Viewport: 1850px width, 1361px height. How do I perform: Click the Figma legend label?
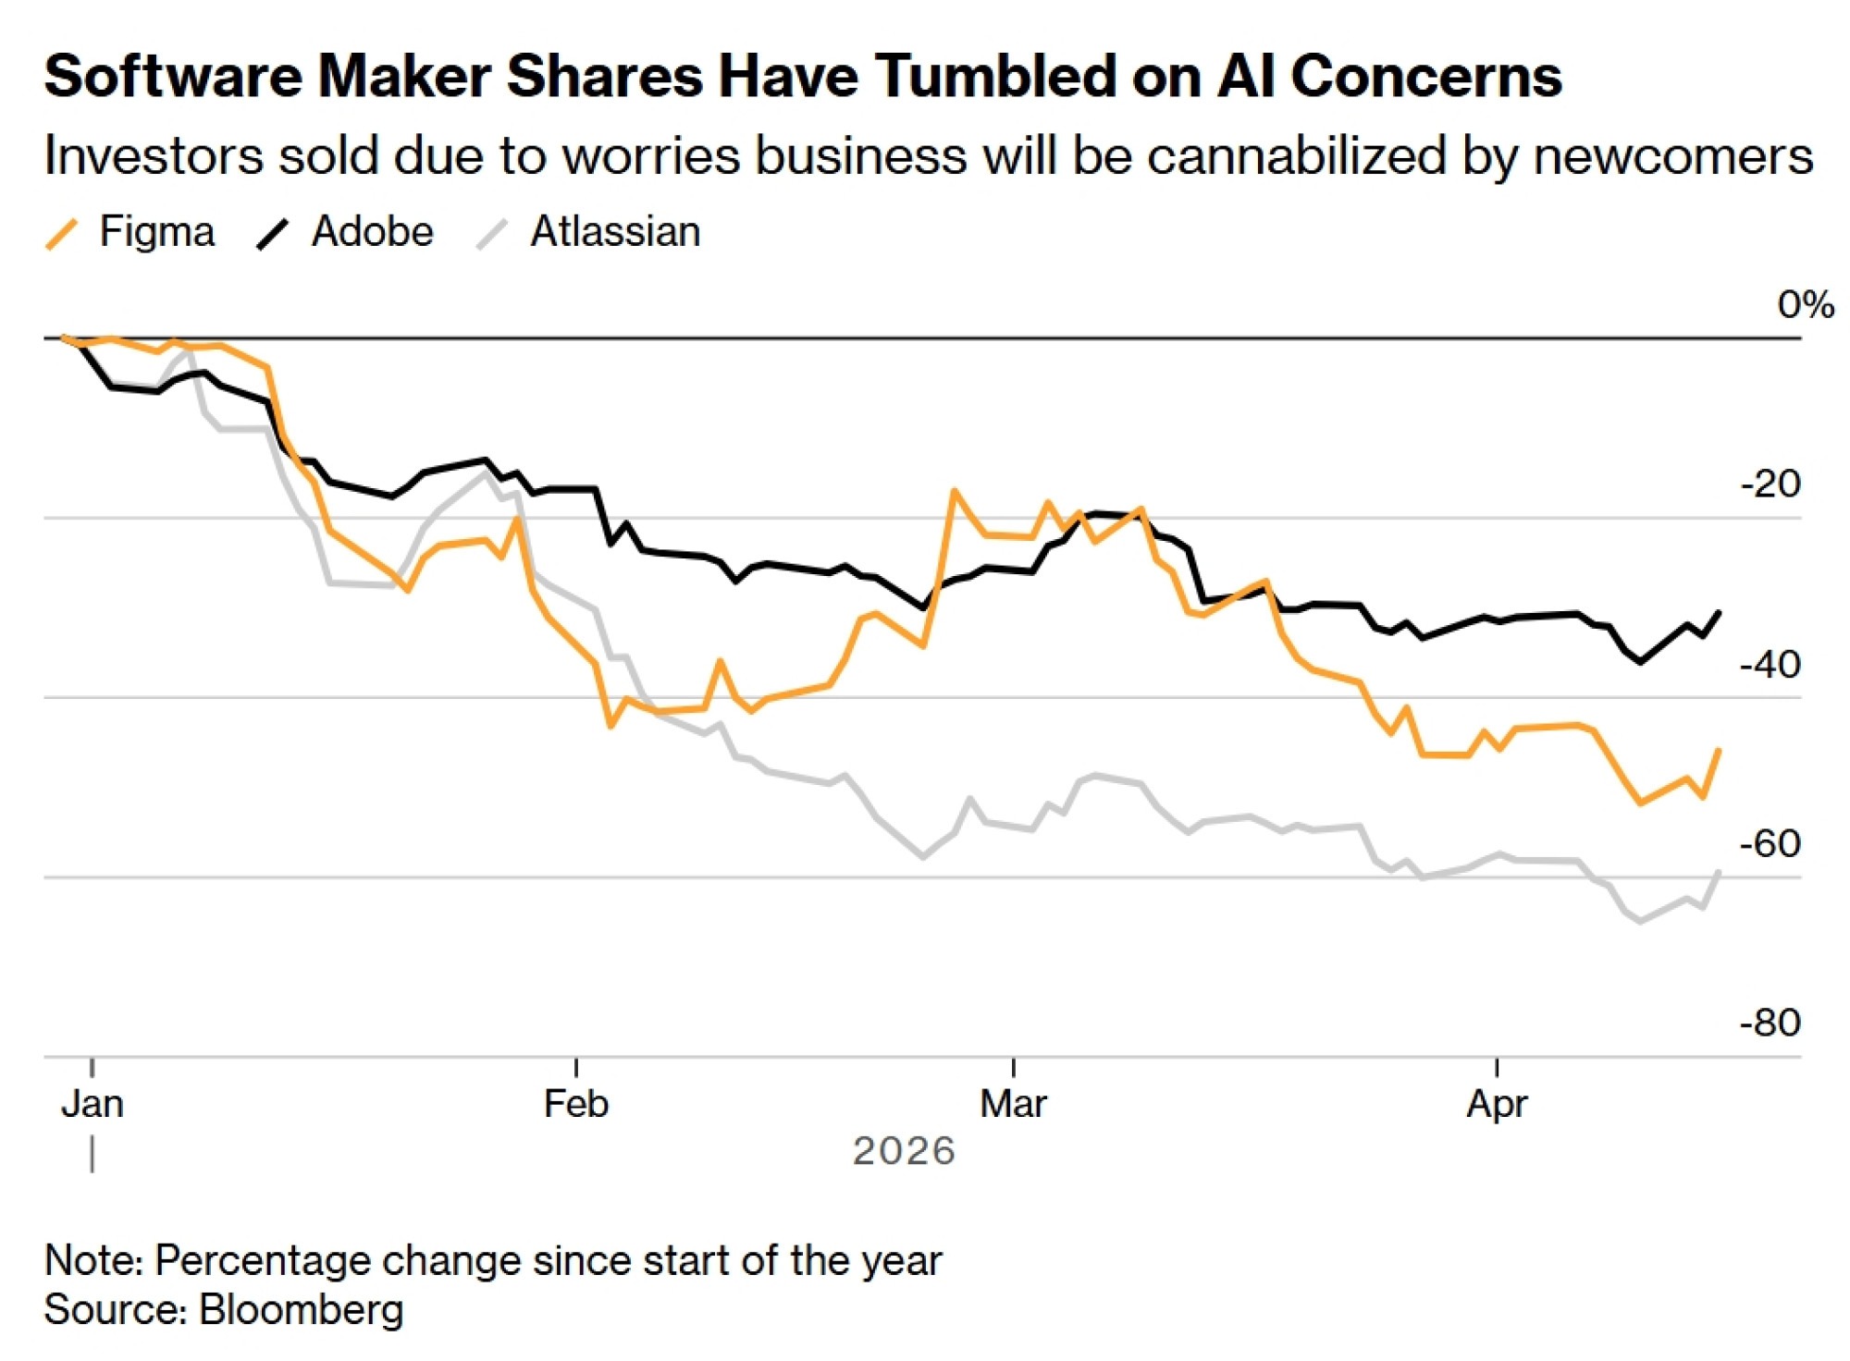click(156, 231)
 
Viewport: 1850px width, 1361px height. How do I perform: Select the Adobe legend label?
click(372, 231)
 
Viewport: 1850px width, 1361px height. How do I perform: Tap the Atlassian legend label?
click(615, 231)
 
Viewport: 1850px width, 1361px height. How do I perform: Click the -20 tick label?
click(1770, 484)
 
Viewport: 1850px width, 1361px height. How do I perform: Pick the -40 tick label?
click(1770, 664)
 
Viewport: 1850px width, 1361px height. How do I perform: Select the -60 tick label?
click(1770, 843)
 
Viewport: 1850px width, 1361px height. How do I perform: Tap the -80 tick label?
click(1770, 1023)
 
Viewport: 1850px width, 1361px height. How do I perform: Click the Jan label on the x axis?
click(92, 1103)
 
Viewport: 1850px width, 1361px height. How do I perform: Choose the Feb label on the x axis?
click(575, 1103)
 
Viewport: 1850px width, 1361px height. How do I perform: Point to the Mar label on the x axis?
click(1013, 1103)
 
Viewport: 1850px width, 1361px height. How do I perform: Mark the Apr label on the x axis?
click(1497, 1103)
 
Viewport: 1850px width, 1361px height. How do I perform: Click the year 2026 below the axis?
click(904, 1151)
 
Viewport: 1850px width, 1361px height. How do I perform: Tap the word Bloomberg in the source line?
click(302, 1309)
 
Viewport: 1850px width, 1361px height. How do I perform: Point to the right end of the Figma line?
click(1719, 750)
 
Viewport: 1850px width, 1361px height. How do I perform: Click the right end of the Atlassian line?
click(1719, 871)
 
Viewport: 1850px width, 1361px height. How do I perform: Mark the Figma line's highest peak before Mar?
click(954, 491)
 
